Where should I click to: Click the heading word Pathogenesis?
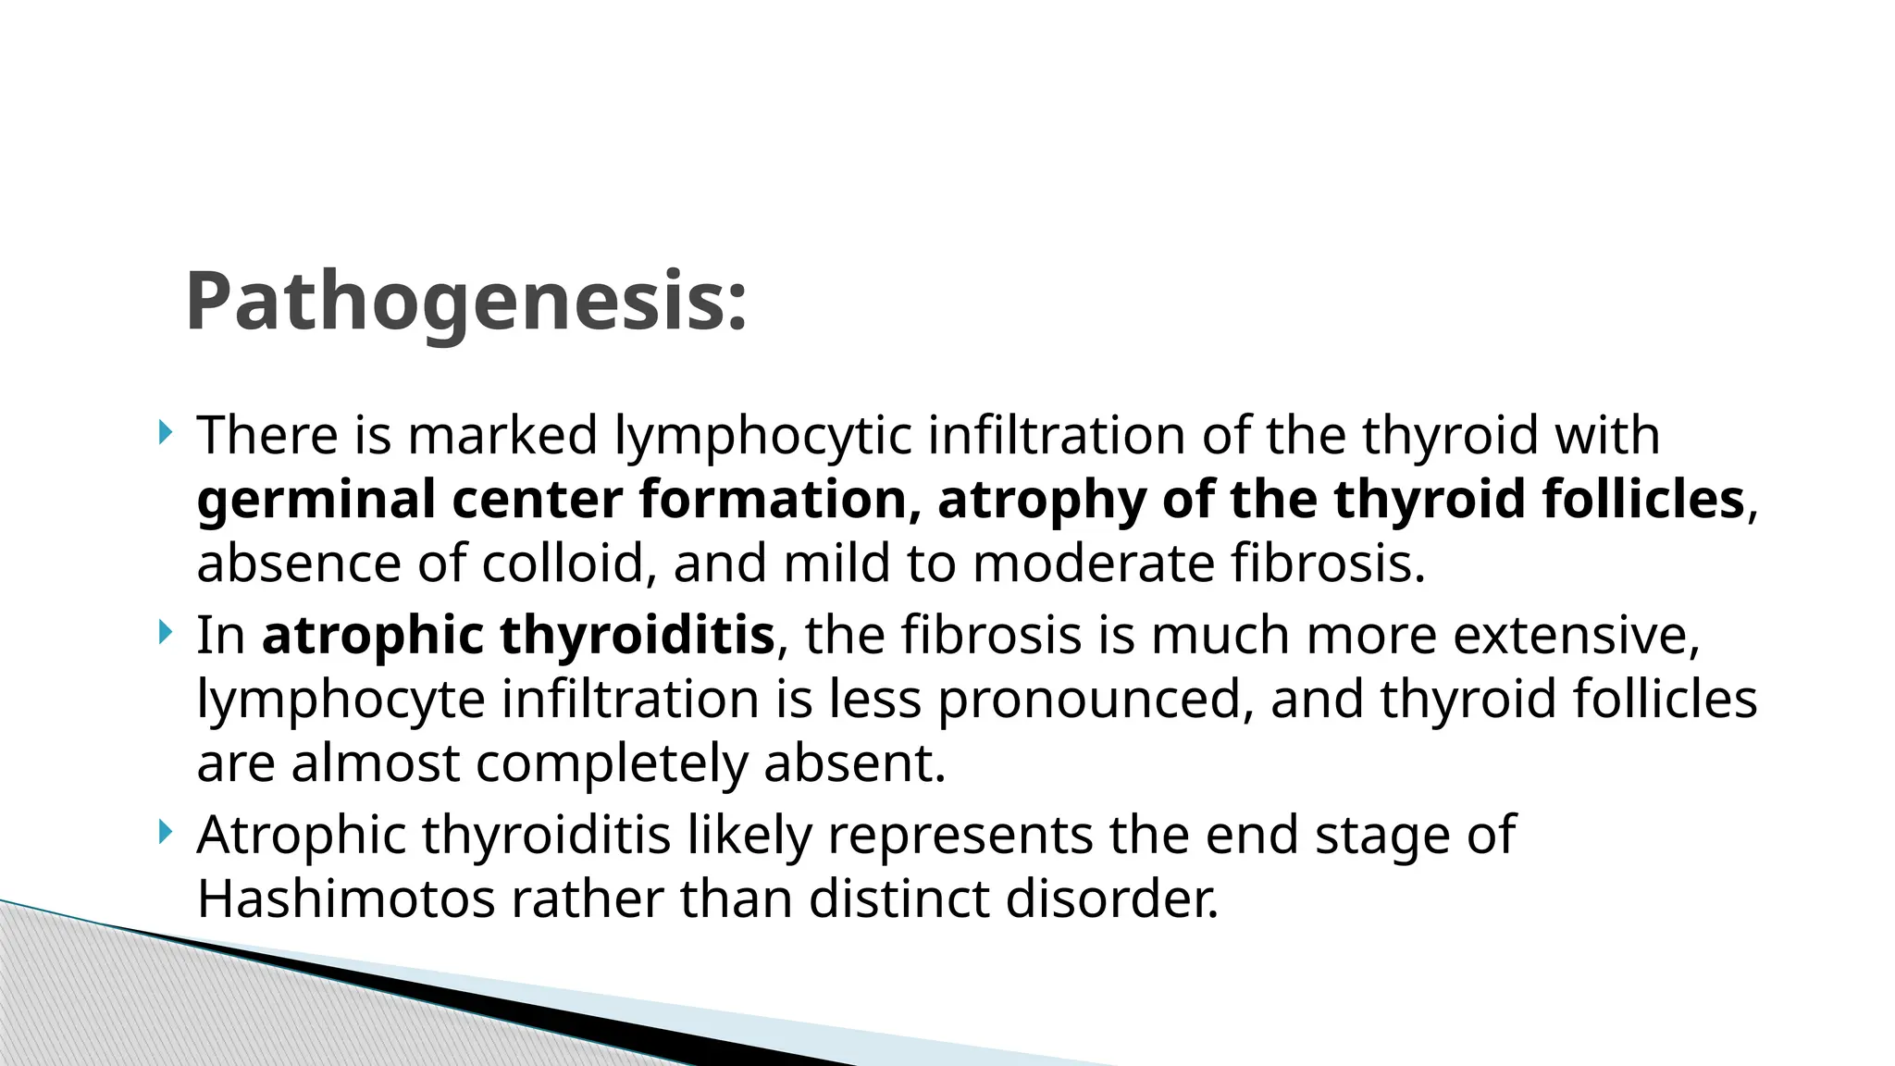click(465, 303)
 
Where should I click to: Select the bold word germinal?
click(316, 500)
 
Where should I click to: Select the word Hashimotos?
click(346, 899)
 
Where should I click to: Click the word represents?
click(960, 836)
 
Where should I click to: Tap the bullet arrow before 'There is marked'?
click(165, 432)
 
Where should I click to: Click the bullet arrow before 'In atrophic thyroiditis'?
click(165, 633)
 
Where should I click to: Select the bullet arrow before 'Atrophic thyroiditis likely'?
click(165, 833)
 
